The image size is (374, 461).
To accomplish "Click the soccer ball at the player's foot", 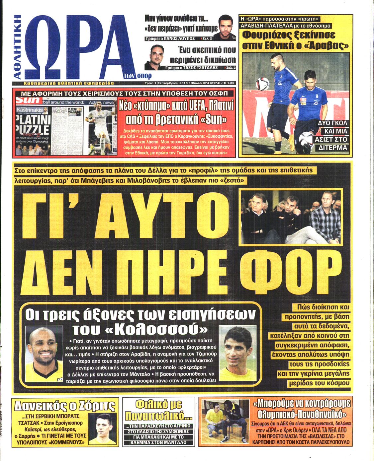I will tap(306, 140).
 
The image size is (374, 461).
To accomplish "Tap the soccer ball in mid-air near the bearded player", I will tap(262, 84).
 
